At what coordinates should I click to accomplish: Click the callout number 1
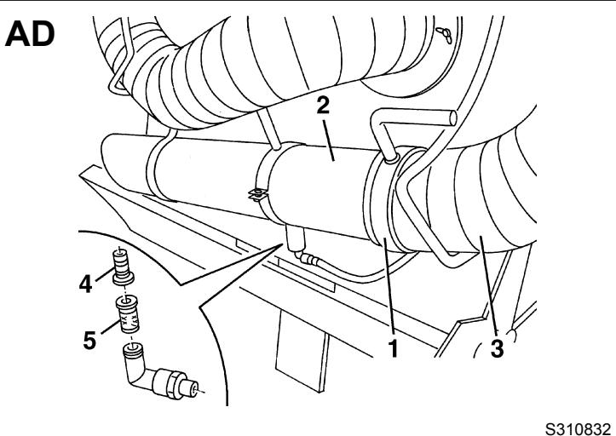(x=394, y=347)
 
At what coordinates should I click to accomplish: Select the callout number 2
(x=323, y=106)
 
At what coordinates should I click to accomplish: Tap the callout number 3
(x=497, y=348)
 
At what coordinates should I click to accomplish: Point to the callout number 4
(x=85, y=284)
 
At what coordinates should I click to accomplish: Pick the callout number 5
(x=89, y=340)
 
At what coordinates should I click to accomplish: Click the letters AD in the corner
(x=30, y=34)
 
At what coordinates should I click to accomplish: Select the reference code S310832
(x=578, y=428)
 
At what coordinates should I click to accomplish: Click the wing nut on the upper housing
(x=444, y=35)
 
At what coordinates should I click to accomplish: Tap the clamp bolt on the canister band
(x=257, y=194)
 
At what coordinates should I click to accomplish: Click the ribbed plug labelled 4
(x=122, y=267)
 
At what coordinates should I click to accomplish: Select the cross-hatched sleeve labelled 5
(x=128, y=315)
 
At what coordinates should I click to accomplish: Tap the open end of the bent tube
(x=453, y=118)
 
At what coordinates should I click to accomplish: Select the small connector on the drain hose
(x=308, y=258)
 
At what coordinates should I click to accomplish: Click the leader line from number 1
(x=389, y=287)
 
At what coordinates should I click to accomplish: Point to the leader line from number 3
(x=487, y=285)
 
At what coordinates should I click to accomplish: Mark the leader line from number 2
(x=328, y=141)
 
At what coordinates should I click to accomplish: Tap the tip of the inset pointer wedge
(x=283, y=244)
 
